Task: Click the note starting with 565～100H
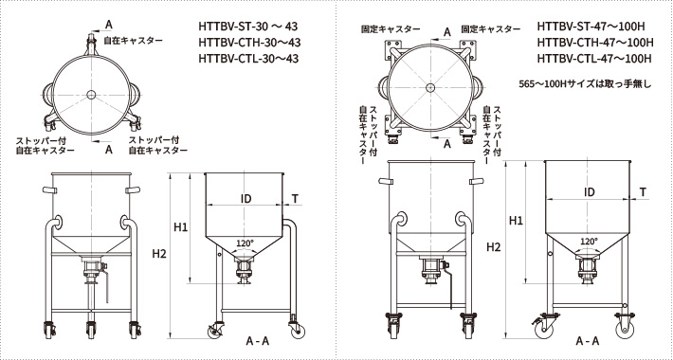click(x=587, y=83)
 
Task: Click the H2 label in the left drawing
click(x=159, y=254)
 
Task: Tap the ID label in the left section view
click(x=245, y=198)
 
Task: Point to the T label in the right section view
click(x=644, y=192)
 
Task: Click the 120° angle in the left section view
click(x=245, y=243)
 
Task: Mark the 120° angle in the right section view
click(x=588, y=242)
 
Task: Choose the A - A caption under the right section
click(x=587, y=340)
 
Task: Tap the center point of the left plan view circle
click(x=90, y=93)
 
